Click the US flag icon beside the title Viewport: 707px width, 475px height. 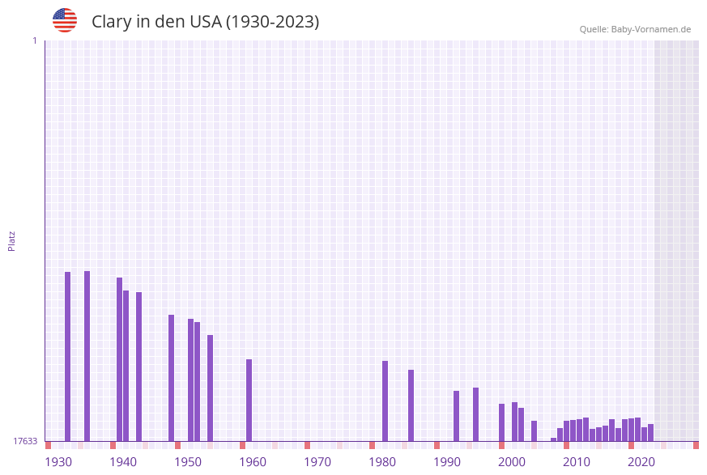coord(65,20)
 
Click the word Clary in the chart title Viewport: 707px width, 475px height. coord(111,22)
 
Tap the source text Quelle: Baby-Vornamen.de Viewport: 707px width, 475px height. coord(635,29)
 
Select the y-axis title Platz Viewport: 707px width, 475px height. coord(12,240)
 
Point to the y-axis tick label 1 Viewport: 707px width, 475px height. coord(34,40)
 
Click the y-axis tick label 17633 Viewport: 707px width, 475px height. coord(25,441)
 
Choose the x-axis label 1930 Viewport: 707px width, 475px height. coord(58,462)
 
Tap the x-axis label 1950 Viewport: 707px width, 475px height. coord(188,462)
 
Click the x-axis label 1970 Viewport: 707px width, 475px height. coord(317,462)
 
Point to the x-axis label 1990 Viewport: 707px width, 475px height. coord(447,462)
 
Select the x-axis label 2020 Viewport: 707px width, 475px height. coord(641,462)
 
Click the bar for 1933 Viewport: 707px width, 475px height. coord(68,356)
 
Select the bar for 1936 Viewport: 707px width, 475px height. coord(87,356)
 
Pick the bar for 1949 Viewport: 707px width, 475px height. coord(172,378)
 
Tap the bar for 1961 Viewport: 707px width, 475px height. coord(249,400)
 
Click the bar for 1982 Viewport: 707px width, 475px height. coord(385,401)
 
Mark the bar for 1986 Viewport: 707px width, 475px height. coord(411,405)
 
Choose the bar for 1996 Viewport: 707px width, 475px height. coord(476,414)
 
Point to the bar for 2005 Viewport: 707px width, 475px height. coord(535,430)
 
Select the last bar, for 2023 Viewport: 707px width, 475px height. coord(651,432)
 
